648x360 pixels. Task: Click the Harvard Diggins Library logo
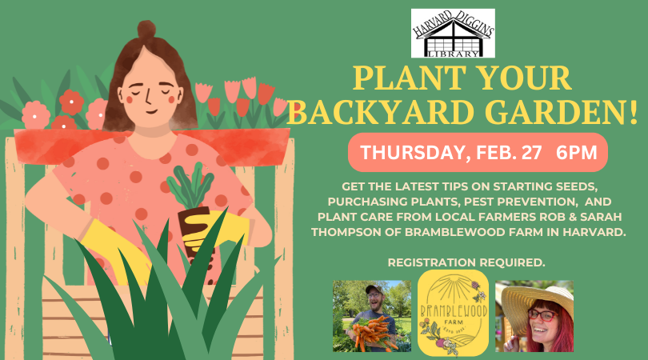(x=453, y=33)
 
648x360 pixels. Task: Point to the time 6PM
(x=577, y=152)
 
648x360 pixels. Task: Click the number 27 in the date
(x=532, y=152)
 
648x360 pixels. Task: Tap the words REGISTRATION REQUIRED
(x=466, y=262)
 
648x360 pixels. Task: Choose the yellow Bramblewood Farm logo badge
(x=453, y=313)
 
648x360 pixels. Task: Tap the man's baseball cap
(x=373, y=288)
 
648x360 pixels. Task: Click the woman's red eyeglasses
(x=542, y=315)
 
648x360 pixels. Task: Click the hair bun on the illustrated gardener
(x=146, y=29)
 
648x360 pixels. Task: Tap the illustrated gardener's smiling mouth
(x=152, y=111)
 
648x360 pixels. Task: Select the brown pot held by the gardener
(x=194, y=234)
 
